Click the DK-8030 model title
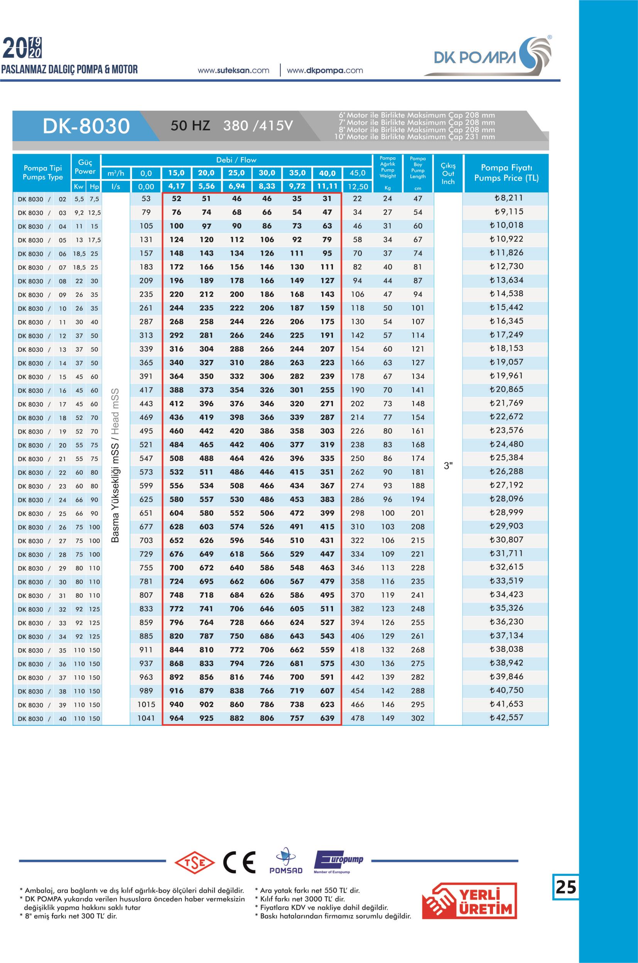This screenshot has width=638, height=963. pyautogui.click(x=86, y=126)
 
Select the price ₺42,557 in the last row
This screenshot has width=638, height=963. pyautogui.click(x=506, y=718)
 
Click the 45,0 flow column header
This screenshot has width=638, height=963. pyautogui.click(x=357, y=173)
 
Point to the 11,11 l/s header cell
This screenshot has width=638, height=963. pyautogui.click(x=327, y=186)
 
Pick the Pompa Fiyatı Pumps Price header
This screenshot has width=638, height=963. pyautogui.click(x=506, y=172)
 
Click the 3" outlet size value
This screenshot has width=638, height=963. pyautogui.click(x=448, y=466)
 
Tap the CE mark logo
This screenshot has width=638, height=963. pyautogui.click(x=239, y=862)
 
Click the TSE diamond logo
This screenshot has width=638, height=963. pyautogui.click(x=194, y=862)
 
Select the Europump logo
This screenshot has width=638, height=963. pyautogui.click(x=338, y=861)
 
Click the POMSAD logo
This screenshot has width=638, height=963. pyautogui.click(x=286, y=862)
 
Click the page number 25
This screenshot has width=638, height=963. pyautogui.click(x=565, y=887)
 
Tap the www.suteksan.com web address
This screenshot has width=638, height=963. pyautogui.click(x=233, y=71)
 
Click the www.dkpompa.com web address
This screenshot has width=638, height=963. pyautogui.click(x=325, y=71)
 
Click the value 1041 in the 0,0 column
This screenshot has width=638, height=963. pyautogui.click(x=146, y=718)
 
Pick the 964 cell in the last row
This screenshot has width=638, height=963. pyautogui.click(x=176, y=718)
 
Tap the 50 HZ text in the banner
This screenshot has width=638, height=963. pyautogui.click(x=190, y=126)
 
